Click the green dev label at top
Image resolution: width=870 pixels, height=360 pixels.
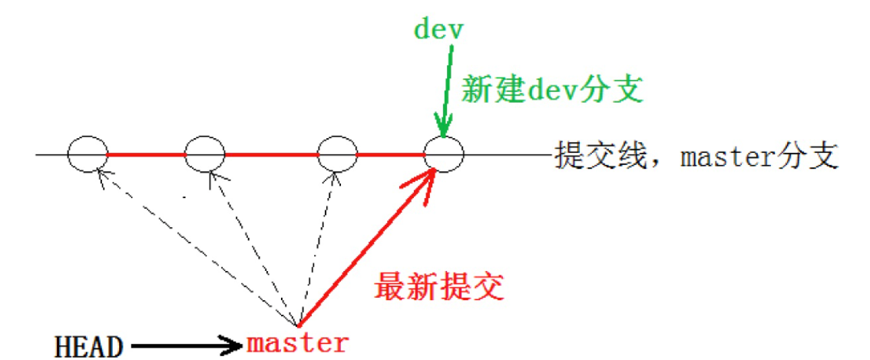click(440, 28)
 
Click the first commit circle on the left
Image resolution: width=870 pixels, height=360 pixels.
click(87, 155)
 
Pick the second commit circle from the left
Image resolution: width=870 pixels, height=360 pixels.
click(204, 155)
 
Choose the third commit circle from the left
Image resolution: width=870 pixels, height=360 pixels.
click(336, 155)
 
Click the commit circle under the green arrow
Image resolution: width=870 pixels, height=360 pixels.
click(445, 155)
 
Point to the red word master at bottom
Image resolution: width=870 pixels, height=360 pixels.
click(298, 342)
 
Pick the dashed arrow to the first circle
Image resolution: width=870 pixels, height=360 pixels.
click(192, 246)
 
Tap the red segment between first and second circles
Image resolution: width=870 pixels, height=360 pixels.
click(146, 155)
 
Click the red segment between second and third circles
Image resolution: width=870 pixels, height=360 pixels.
click(270, 155)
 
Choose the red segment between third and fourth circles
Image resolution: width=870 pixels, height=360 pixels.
click(390, 155)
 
